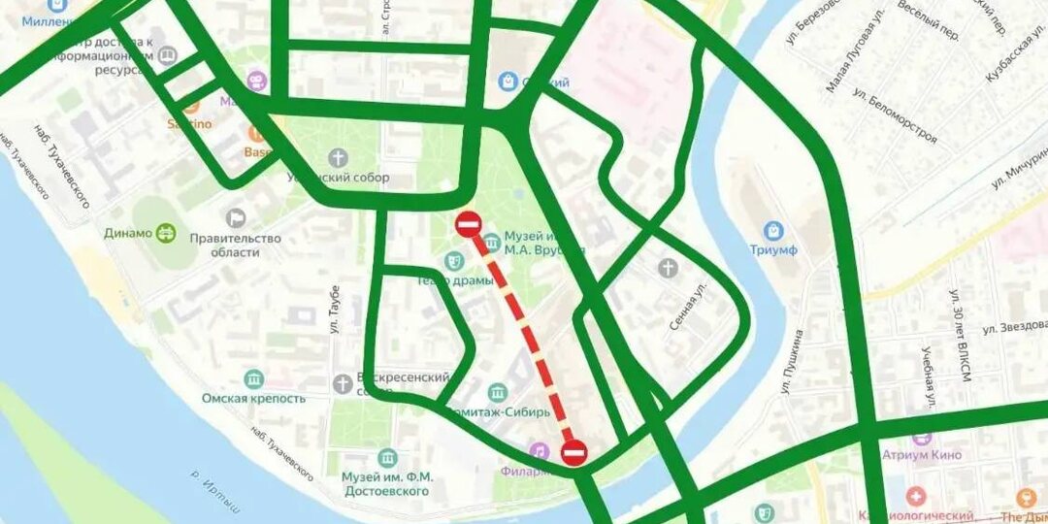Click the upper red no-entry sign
coord(468,224)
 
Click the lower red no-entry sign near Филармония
coord(574,452)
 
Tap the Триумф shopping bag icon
coord(773,231)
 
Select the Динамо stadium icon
coord(166,233)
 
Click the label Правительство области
coord(236,246)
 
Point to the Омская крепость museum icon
coord(254,378)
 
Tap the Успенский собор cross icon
coord(338,158)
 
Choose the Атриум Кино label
coord(922,455)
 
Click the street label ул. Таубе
coord(334,310)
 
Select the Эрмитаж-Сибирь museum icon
coord(498,392)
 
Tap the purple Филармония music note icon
coord(539,451)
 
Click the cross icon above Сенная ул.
coord(668,268)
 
